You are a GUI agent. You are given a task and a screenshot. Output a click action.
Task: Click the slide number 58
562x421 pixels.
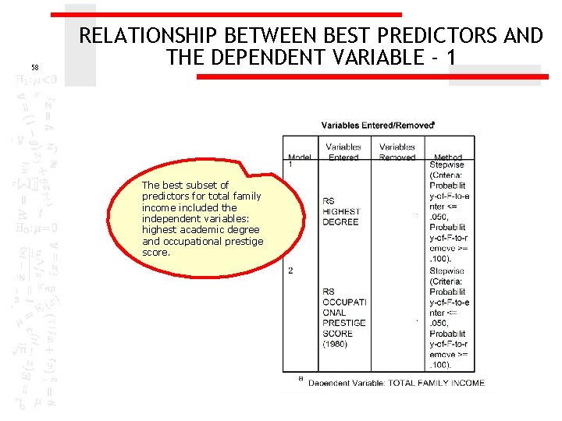[34, 68]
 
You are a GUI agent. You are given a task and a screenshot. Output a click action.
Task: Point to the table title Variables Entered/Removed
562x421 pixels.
[378, 126]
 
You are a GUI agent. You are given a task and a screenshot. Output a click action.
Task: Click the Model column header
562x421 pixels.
[299, 157]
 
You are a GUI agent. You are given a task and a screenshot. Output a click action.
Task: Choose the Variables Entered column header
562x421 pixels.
[343, 151]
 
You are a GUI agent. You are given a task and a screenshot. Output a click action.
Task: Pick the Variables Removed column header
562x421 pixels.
[397, 151]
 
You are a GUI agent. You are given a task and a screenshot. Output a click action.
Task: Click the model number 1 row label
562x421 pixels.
[290, 165]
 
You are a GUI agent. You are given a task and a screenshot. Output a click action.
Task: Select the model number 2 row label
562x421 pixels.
[290, 271]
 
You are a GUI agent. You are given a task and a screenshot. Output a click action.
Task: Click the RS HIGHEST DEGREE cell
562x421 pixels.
[340, 211]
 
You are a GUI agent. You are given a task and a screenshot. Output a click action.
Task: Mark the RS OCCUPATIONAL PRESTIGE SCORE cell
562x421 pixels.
[343, 317]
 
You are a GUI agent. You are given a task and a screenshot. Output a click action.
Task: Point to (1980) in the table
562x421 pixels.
[336, 343]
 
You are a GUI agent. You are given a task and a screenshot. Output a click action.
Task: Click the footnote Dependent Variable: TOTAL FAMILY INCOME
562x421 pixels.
[397, 383]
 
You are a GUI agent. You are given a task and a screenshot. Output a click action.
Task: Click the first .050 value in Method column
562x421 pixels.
[441, 216]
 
